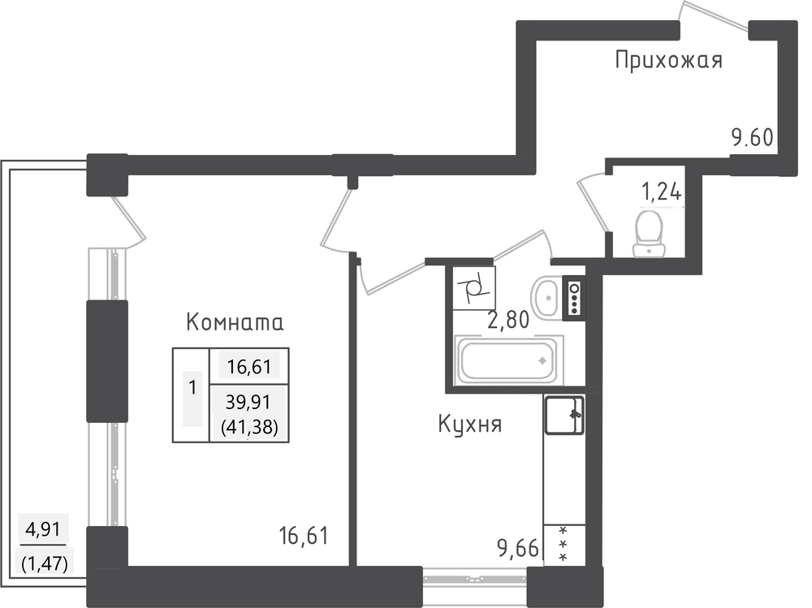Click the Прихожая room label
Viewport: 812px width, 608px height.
coord(668,60)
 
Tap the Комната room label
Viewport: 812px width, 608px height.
coord(235,322)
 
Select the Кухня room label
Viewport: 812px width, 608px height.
coord(469,425)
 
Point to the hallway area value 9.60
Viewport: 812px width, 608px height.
coord(752,138)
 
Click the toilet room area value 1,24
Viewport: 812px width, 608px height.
coord(661,192)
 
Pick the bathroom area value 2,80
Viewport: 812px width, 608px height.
coord(508,320)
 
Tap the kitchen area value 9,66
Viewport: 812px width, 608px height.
coord(518,547)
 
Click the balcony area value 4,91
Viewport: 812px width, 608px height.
coord(44,530)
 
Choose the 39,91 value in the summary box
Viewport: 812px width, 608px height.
coord(248,401)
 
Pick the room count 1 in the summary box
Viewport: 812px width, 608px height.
coord(192,387)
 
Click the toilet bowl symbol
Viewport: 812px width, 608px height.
coord(650,232)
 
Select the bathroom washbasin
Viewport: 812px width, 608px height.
coord(545,296)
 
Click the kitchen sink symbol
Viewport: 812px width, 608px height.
coord(564,414)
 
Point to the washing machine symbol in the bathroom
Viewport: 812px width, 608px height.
coord(474,288)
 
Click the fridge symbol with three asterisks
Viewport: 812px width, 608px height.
coord(564,545)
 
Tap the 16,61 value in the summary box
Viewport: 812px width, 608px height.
coord(249,367)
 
